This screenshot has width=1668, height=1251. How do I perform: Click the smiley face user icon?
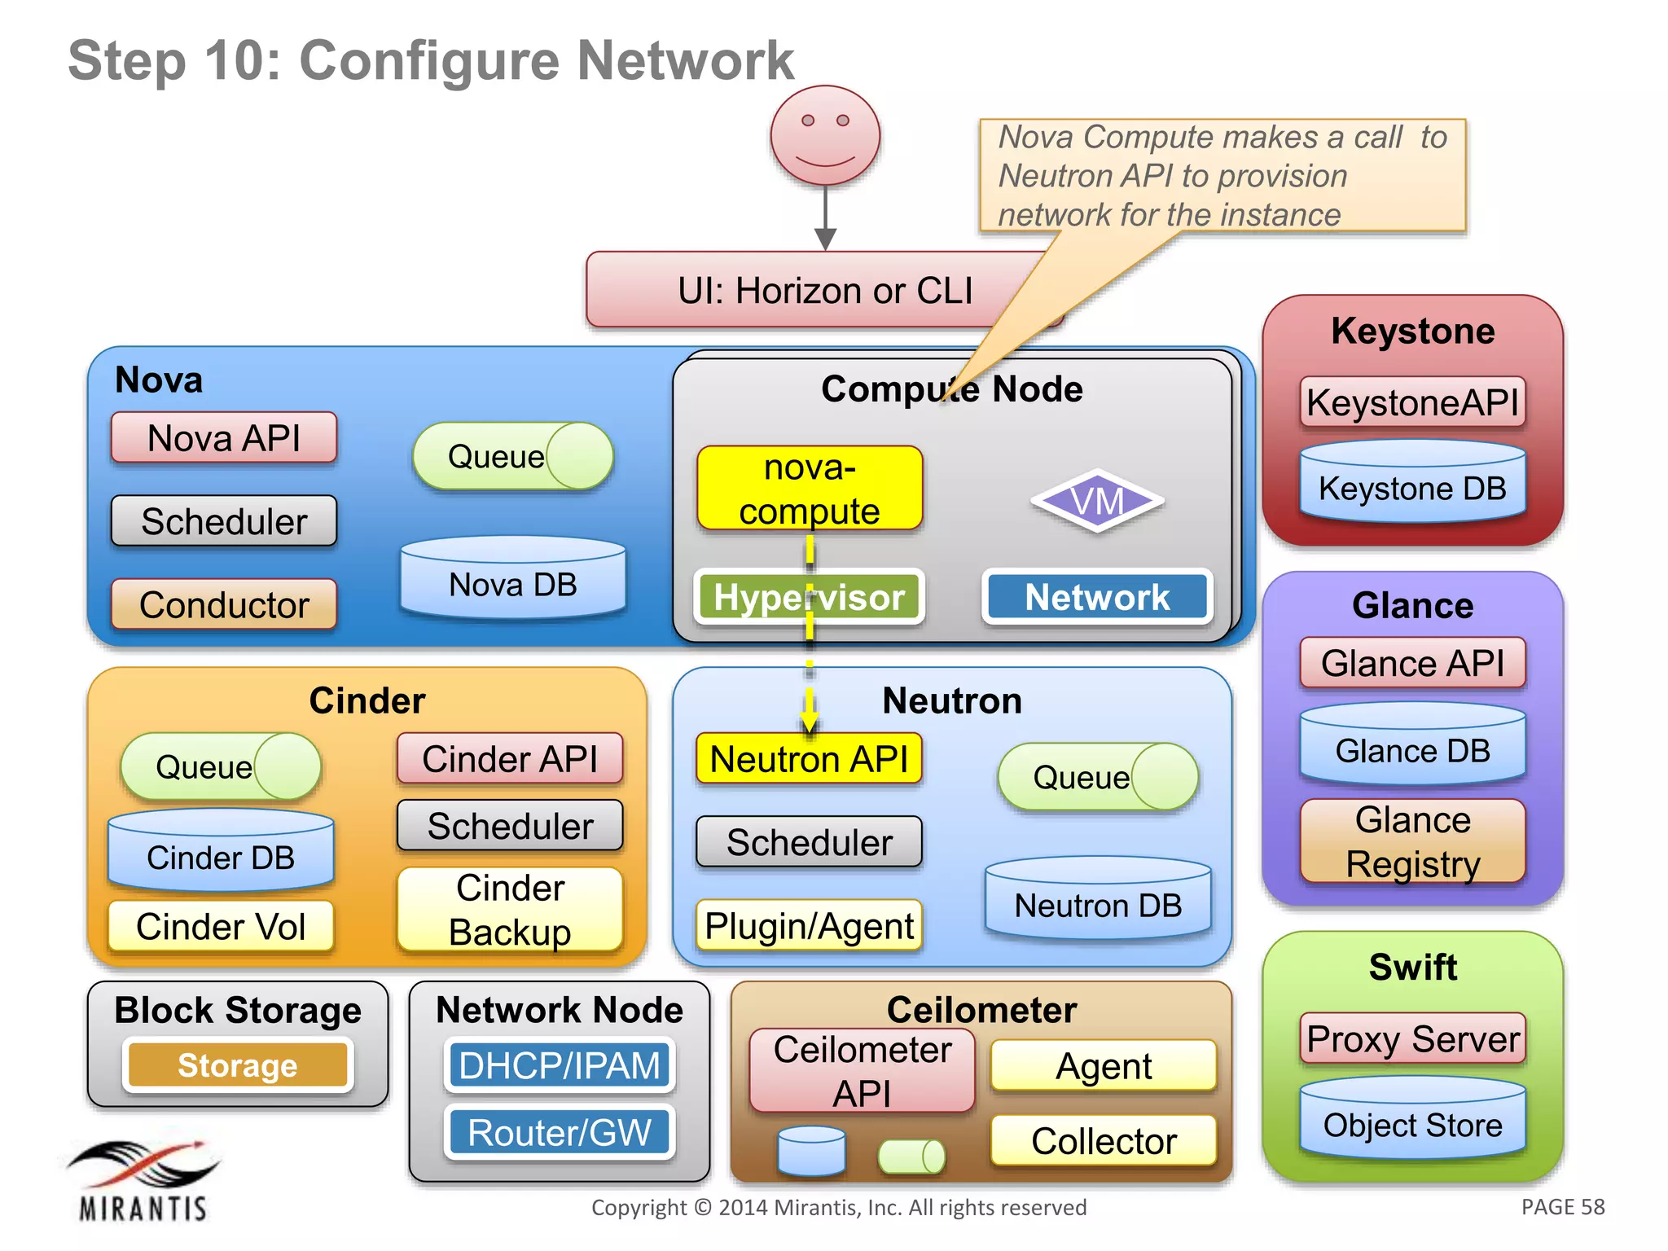point(825,136)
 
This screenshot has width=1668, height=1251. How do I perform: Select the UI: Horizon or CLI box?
point(824,291)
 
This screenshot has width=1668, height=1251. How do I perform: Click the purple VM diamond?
point(1097,501)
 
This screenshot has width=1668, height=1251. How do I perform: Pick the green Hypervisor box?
point(809,597)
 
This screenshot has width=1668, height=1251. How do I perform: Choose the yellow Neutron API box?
point(809,759)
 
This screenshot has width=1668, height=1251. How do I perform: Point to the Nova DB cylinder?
point(513,579)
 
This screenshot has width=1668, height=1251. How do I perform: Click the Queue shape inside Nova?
point(513,456)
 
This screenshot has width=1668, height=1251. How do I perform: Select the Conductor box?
point(224,604)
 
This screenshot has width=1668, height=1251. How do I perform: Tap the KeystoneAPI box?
point(1412,402)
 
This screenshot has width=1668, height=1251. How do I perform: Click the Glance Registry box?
point(1412,841)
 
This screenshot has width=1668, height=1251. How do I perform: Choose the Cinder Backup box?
point(510,910)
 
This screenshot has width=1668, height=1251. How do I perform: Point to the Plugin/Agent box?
point(809,926)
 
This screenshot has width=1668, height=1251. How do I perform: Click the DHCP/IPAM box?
point(560,1065)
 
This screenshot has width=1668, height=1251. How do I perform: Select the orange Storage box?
point(238,1065)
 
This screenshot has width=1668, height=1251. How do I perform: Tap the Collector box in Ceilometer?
point(1104,1141)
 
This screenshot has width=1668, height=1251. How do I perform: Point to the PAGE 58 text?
point(1562,1207)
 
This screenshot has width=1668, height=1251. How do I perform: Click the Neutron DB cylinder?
point(1098,899)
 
